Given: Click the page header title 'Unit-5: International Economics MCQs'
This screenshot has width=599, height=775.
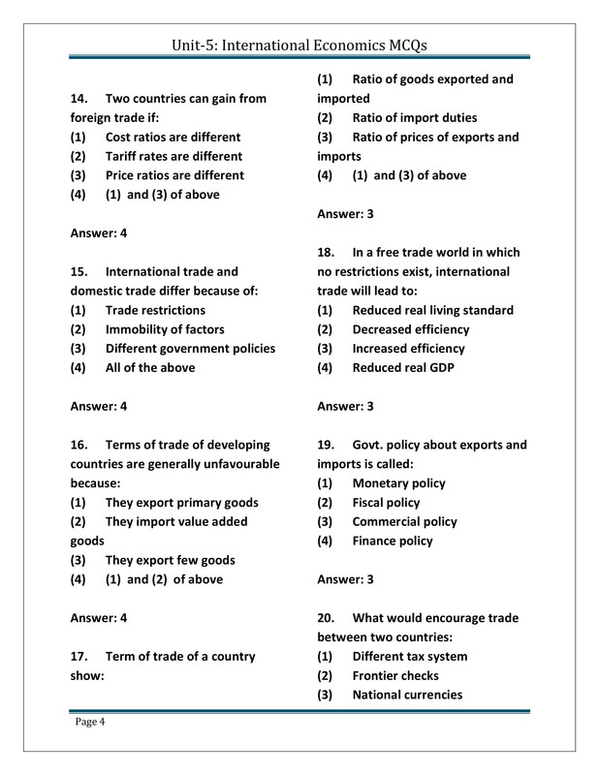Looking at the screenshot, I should coord(299,45).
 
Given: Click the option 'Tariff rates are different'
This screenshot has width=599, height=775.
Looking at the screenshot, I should coord(173,156).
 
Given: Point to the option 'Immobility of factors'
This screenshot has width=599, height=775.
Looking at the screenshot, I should coord(165,329).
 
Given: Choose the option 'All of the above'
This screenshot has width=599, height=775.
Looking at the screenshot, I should coord(149,368).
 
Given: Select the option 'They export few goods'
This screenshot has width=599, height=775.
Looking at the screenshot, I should coord(170,560).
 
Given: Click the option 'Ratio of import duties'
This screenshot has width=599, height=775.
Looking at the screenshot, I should coord(414,118).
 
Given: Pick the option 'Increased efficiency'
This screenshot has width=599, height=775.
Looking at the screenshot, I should coord(408,349).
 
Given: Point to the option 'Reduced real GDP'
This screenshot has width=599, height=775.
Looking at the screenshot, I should coord(402,368).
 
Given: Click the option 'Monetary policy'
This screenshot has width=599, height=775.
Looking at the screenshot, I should coord(398,483).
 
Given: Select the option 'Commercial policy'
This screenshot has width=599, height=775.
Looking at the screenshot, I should coord(404,521).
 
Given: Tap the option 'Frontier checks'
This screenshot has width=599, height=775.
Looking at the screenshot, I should coord(394,675).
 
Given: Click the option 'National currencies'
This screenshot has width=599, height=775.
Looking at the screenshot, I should coord(407,695).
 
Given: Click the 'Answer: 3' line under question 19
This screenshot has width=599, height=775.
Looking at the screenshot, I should coord(346,579).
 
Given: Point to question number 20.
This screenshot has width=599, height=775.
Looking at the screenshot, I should coord(327,618).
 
